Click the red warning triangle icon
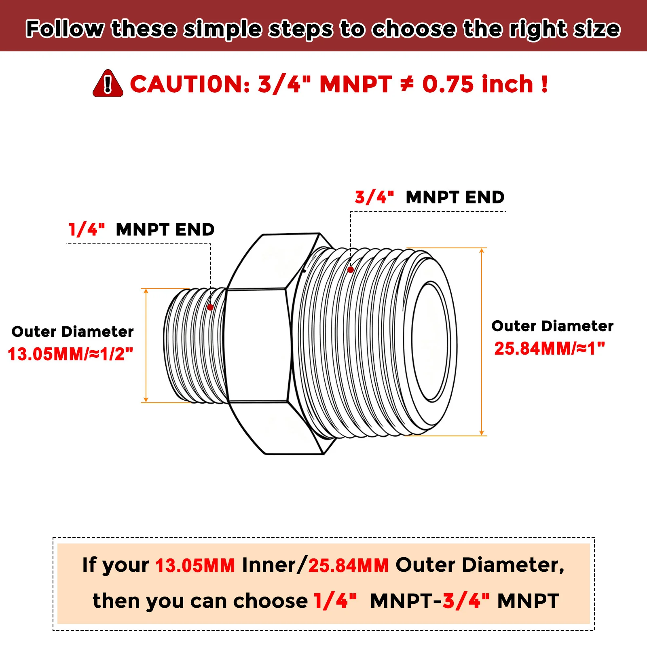click(108, 84)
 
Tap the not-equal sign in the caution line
click(407, 84)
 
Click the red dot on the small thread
click(210, 307)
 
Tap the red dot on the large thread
click(351, 270)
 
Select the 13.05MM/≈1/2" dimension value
click(70, 354)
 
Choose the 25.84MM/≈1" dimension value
click(550, 349)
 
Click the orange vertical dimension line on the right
click(482, 342)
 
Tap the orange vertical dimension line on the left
click(146, 346)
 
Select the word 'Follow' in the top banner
click(65, 29)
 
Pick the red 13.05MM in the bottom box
click(195, 565)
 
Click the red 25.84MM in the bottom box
click(349, 565)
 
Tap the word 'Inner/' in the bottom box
click(274, 565)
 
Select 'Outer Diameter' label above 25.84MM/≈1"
click(552, 326)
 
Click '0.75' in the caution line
click(448, 84)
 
